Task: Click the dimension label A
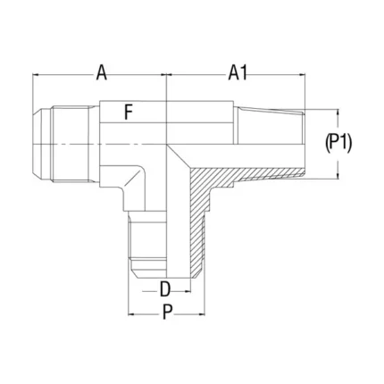[102, 73]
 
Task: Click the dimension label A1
[238, 73]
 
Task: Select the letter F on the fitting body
[128, 113]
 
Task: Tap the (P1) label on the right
[338, 144]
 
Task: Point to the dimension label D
[164, 289]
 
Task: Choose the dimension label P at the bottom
[168, 313]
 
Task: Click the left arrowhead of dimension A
[36, 75]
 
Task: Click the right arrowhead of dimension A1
[303, 75]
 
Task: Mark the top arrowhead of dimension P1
[338, 113]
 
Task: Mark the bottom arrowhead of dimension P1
[338, 176]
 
